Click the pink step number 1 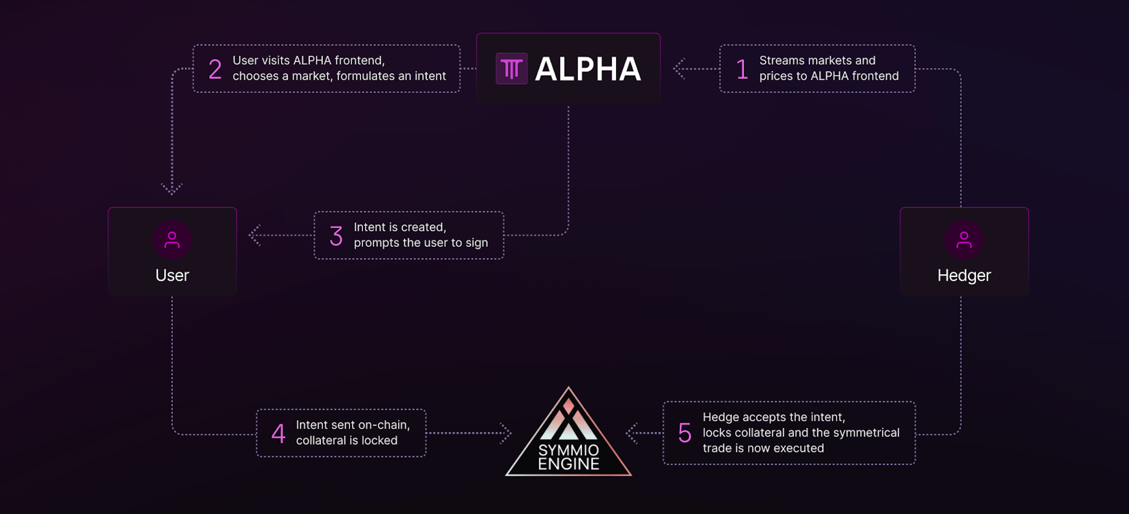pos(742,69)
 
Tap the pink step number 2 pos(215,69)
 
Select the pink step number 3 pos(336,236)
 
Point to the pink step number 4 pos(278,433)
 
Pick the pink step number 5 pos(685,433)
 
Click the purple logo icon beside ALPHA pos(511,68)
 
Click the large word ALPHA pos(588,69)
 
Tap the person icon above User pos(172,240)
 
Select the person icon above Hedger pos(964,240)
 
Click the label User pos(172,275)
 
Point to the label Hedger pos(964,275)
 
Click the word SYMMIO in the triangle pos(569,450)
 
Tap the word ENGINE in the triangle pos(569,464)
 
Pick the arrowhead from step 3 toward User pos(254,235)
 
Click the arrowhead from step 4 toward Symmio pos(506,433)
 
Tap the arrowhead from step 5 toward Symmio pos(631,433)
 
